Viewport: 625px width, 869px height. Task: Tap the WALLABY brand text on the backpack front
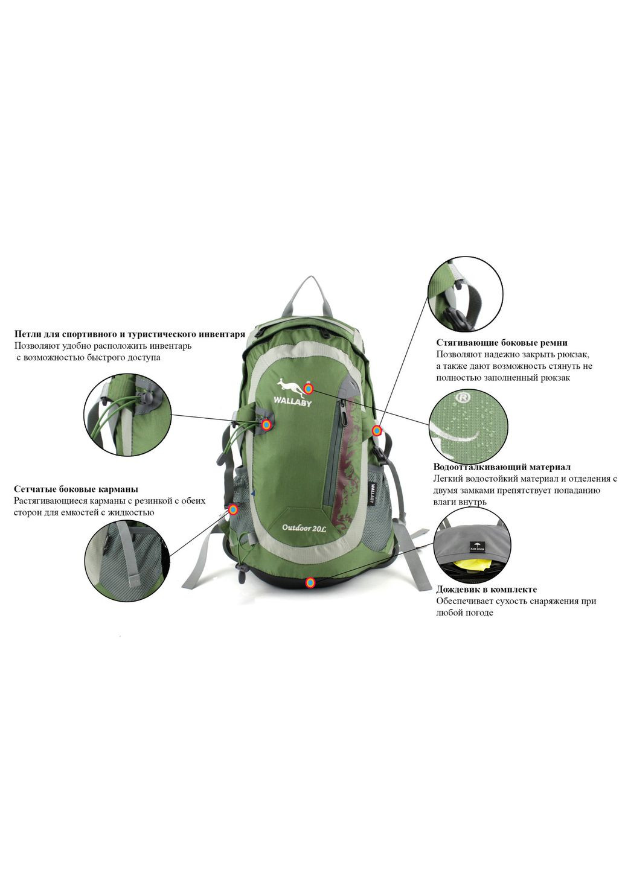click(295, 403)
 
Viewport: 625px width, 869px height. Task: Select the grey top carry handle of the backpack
click(309, 294)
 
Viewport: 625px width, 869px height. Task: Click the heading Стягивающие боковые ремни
click(502, 343)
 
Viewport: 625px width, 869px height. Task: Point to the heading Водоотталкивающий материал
click(502, 467)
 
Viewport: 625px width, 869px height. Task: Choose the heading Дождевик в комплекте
click(487, 589)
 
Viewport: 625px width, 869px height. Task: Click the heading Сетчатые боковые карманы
click(76, 489)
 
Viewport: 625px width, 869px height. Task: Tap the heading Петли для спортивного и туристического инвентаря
click(130, 334)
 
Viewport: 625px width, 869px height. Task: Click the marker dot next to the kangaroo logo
click(308, 388)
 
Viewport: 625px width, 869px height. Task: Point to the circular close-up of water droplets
click(469, 425)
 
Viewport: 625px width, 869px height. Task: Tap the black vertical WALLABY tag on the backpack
click(370, 494)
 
